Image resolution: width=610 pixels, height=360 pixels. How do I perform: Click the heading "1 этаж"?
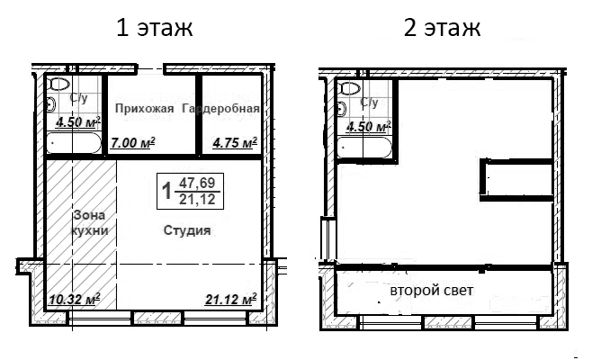click(x=155, y=28)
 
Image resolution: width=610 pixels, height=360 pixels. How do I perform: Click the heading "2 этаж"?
click(x=442, y=28)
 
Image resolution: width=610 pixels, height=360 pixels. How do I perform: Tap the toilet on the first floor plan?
click(x=59, y=85)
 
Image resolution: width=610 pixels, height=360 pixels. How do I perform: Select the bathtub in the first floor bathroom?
click(x=73, y=143)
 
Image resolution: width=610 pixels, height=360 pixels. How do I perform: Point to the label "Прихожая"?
click(x=144, y=109)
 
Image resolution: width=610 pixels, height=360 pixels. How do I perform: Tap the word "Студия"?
click(x=187, y=231)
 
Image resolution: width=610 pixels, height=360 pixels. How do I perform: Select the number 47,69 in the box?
click(x=197, y=183)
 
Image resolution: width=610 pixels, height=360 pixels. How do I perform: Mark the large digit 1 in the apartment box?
click(x=166, y=190)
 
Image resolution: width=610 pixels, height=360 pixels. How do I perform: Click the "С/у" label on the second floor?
click(x=369, y=103)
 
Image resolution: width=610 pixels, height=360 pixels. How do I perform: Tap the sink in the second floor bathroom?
click(x=340, y=108)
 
